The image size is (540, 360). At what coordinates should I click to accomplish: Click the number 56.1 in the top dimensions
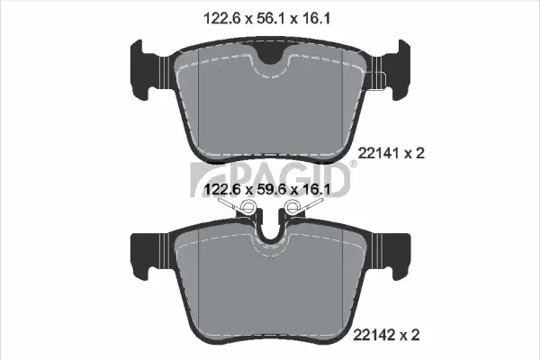[268, 16]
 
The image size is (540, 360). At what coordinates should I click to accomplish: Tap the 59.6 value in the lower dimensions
[268, 190]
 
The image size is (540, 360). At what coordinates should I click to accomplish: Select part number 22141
[378, 154]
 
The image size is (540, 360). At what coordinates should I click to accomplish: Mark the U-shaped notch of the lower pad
[270, 236]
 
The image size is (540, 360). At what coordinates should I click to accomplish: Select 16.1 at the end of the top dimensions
[318, 16]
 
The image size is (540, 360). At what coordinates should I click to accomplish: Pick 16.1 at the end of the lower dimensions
[318, 190]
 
